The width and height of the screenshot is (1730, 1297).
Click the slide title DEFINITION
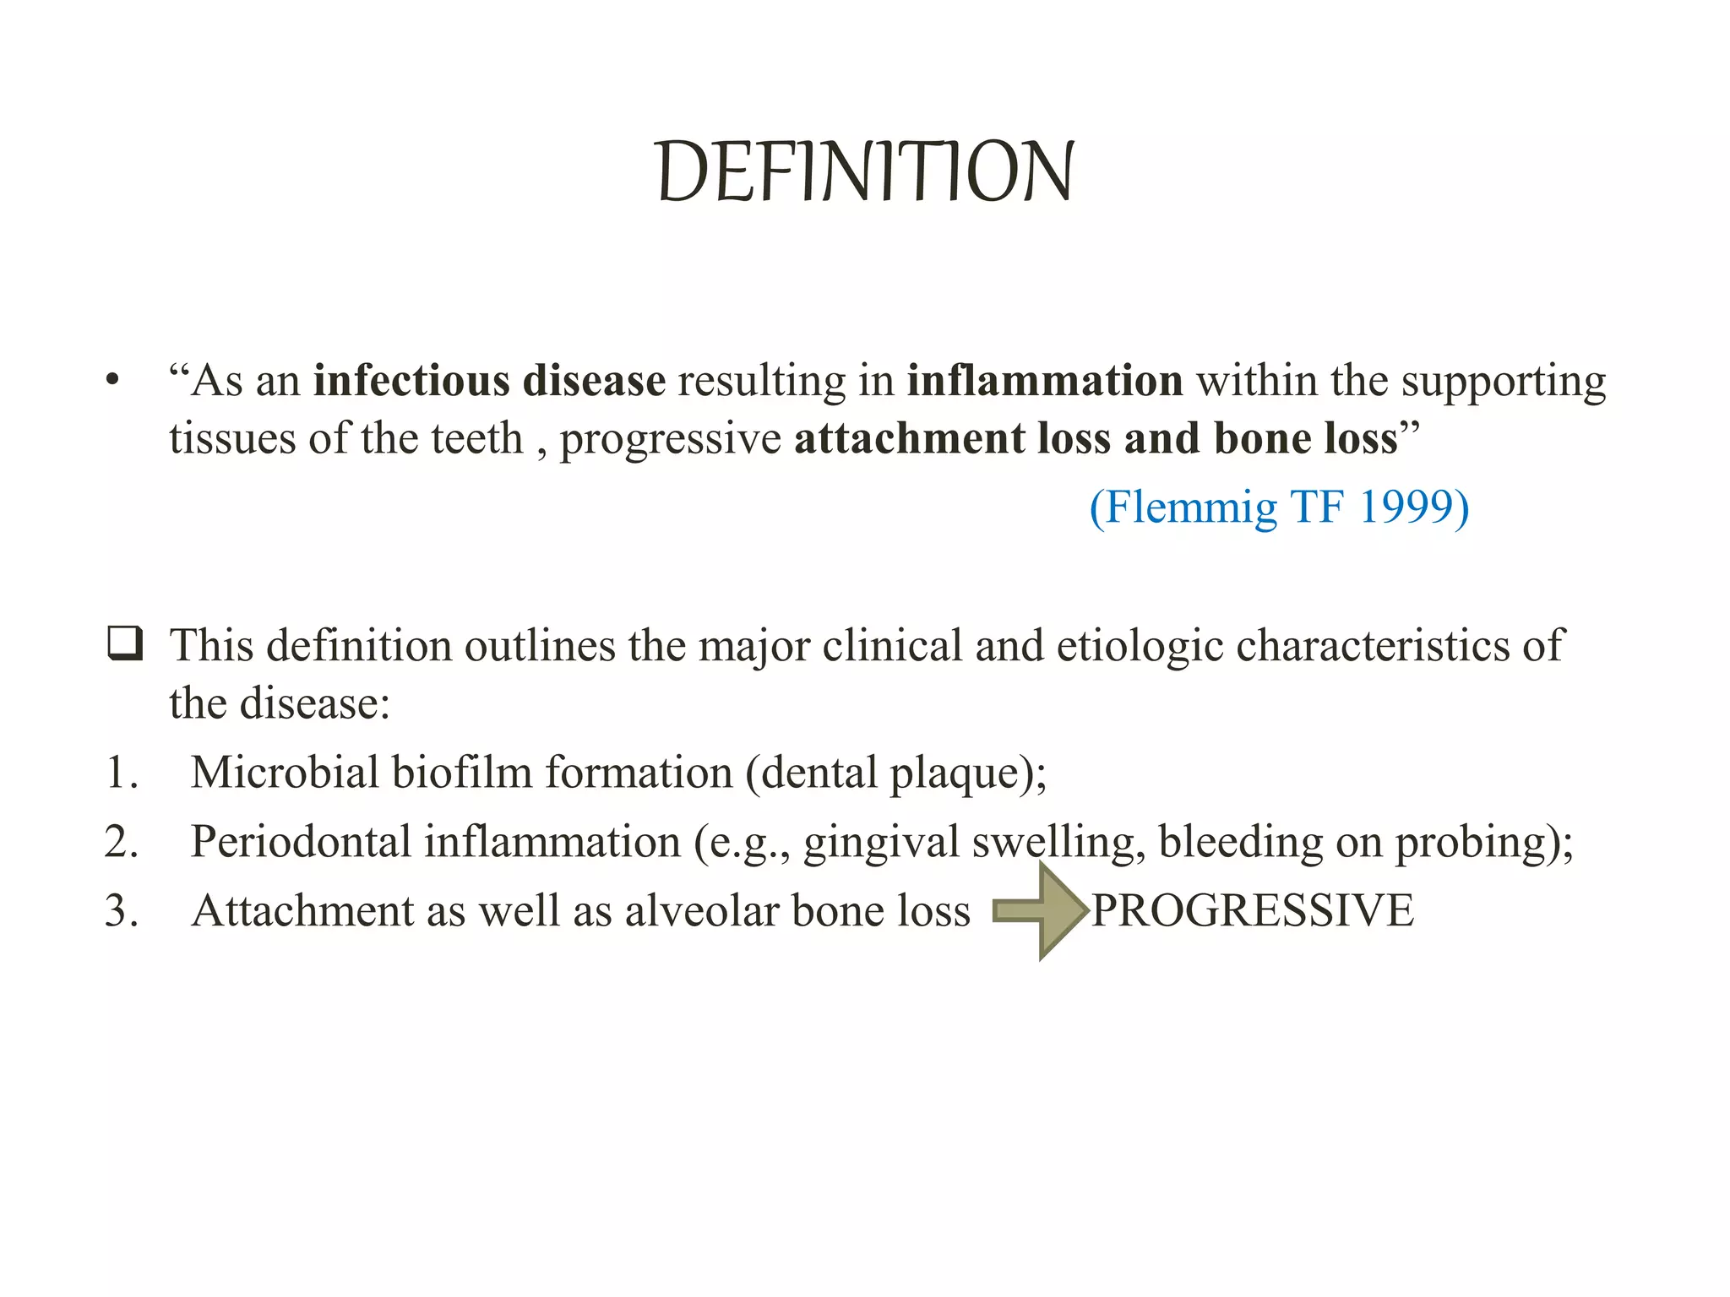click(865, 172)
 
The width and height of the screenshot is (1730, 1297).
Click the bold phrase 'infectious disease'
click(489, 381)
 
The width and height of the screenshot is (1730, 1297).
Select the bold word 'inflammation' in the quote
click(1045, 381)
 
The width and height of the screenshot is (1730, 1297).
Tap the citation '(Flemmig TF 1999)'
click(1279, 507)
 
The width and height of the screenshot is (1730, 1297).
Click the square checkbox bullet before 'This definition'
click(124, 644)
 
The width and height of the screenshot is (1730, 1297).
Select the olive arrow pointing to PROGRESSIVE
click(1039, 911)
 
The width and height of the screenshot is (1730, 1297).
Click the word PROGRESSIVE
click(1253, 911)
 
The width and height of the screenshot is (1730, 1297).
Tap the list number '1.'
click(122, 773)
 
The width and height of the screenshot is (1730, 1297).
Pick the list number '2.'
click(122, 842)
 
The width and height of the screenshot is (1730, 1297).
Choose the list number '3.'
click(122, 911)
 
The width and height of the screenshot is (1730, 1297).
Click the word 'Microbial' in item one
click(284, 773)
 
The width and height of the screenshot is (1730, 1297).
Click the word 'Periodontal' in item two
click(300, 842)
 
